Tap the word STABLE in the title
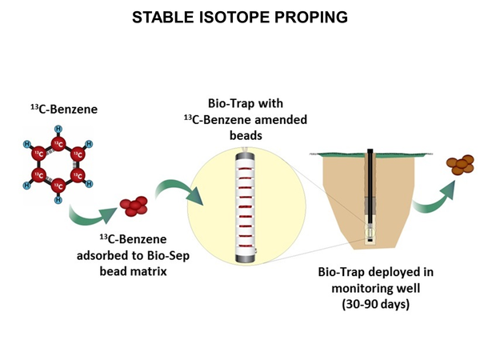(158, 16)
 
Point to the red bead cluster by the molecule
(134, 206)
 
